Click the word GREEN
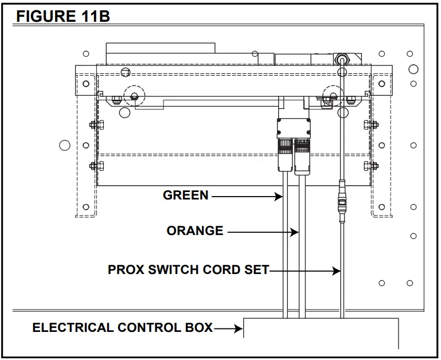point(186,195)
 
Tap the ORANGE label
point(195,231)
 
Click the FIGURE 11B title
point(63,16)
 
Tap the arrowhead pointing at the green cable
point(280,197)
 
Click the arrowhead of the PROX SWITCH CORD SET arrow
point(337,271)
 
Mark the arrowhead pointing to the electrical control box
point(239,329)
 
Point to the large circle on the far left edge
point(65,145)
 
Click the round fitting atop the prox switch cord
point(342,59)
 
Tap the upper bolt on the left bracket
point(93,125)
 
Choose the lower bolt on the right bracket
point(368,166)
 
